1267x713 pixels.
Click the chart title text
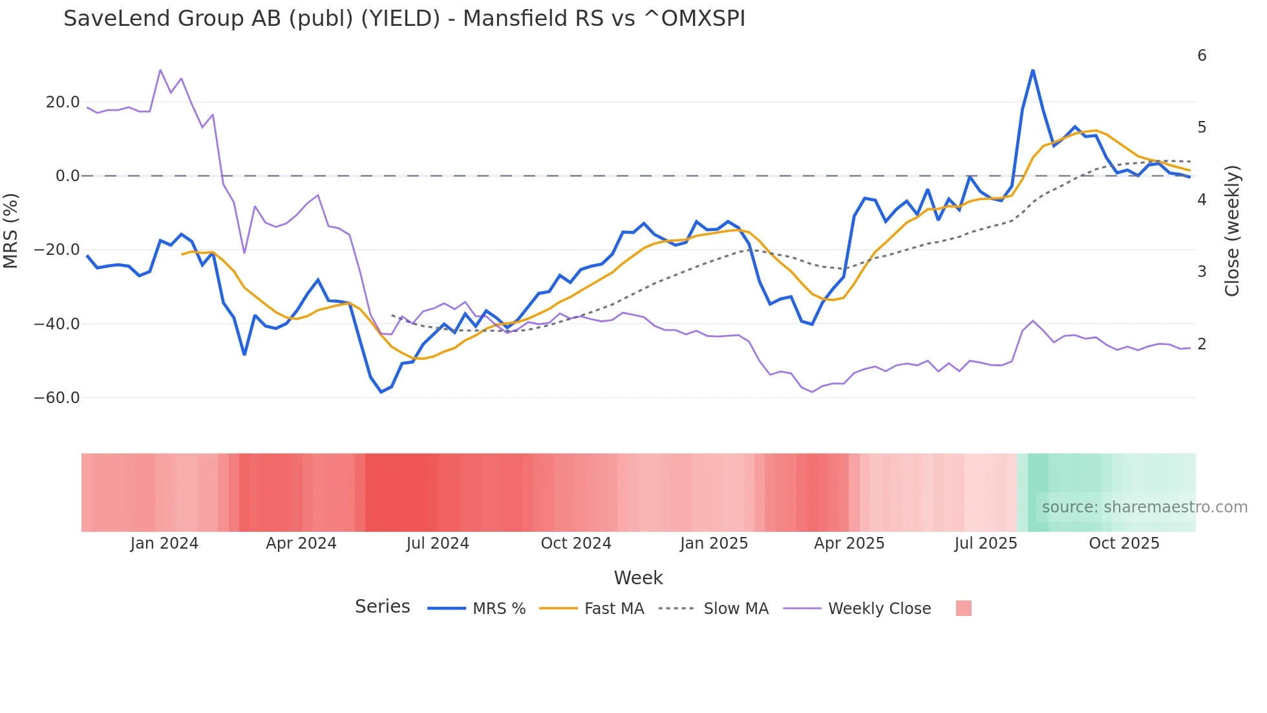[404, 19]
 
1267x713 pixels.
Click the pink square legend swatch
[963, 608]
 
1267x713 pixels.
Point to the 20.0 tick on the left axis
[63, 102]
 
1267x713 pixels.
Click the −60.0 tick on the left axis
[57, 398]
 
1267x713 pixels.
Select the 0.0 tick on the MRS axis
[67, 176]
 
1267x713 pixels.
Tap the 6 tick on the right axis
[1202, 56]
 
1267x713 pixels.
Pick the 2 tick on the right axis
[1202, 344]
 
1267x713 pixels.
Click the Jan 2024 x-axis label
[164, 543]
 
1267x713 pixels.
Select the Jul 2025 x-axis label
[986, 543]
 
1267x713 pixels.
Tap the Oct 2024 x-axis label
[576, 543]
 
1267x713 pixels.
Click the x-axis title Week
[638, 578]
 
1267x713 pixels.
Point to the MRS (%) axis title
[11, 231]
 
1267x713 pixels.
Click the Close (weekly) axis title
[1232, 231]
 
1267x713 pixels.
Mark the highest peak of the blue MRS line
[1032, 70]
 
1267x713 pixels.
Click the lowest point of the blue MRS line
[381, 391]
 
